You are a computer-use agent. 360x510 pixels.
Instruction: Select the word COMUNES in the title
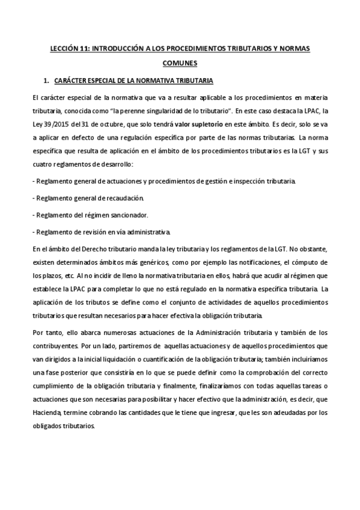[x=180, y=63]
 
